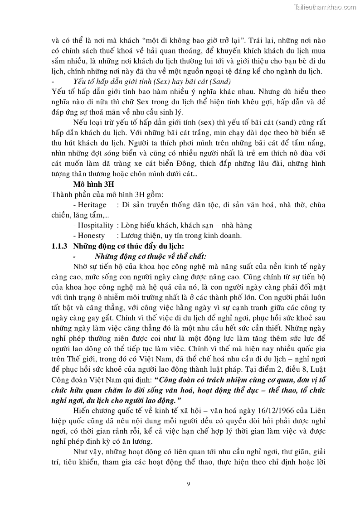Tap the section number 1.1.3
click(59, 246)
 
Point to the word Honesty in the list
click(91, 235)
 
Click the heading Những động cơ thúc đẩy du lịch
click(128, 246)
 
